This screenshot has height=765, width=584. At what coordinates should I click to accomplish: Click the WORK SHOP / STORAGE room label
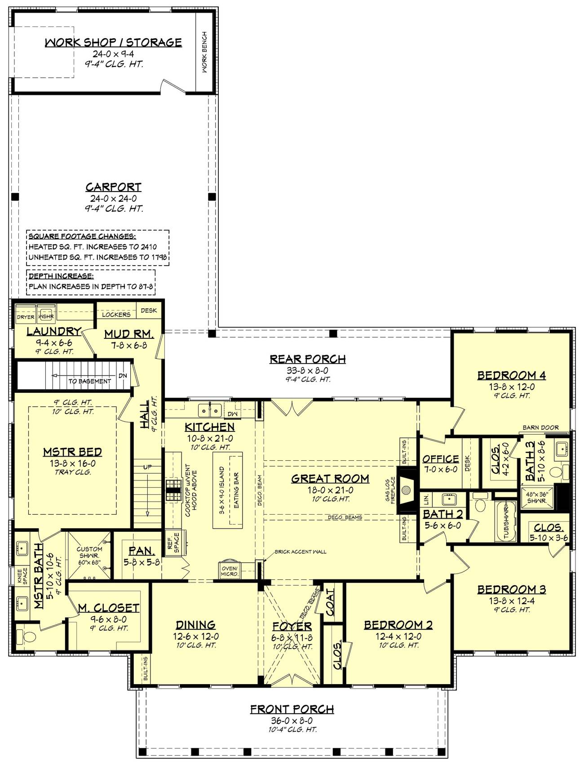point(113,43)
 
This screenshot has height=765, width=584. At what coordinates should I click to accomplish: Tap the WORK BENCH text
point(204,52)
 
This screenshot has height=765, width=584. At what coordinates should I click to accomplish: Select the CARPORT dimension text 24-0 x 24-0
point(114,199)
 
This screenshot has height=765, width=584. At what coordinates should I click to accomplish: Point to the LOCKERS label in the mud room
point(116,314)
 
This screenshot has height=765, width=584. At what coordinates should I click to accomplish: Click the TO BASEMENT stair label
point(89,381)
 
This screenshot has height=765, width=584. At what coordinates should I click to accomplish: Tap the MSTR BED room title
point(72,452)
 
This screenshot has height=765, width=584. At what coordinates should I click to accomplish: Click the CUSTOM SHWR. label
point(89,552)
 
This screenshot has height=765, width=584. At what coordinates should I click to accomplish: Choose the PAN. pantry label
point(142,551)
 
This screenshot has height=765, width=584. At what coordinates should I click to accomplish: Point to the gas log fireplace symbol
point(407,489)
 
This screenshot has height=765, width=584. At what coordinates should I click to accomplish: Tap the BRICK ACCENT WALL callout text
point(300,552)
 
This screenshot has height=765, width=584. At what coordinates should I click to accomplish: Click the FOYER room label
point(292,626)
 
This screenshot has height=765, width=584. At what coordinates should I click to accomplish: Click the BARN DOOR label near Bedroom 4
point(540,427)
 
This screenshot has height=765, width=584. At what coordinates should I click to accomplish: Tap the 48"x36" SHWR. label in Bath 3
point(537,497)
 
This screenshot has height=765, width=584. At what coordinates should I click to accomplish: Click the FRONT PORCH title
point(292,709)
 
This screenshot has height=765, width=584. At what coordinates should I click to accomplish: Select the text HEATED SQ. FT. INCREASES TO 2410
point(93,247)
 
